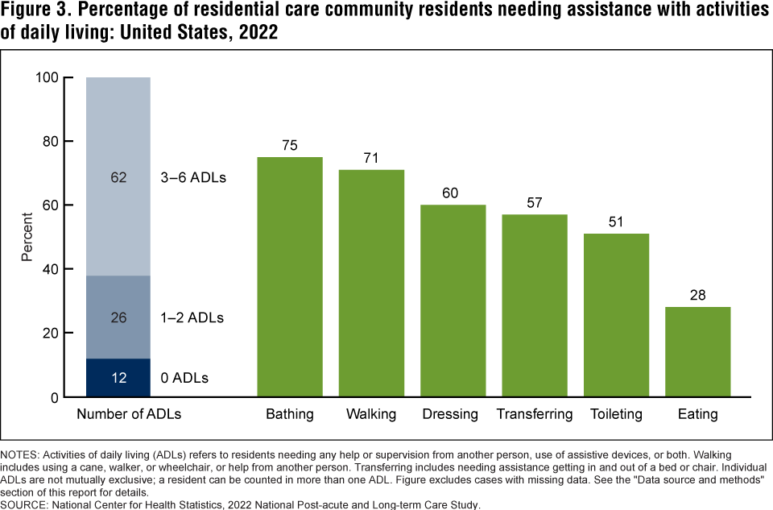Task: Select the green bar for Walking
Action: (371, 283)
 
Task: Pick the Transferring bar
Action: (535, 305)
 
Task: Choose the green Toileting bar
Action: (616, 315)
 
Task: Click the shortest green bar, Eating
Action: (698, 352)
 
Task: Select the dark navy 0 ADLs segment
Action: (118, 378)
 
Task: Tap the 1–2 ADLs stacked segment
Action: (118, 317)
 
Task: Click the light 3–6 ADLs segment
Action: (118, 176)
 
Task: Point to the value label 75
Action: (290, 146)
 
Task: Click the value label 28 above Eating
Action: (698, 296)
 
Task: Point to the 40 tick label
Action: (51, 269)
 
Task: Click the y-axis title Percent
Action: (27, 237)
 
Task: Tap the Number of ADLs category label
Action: (129, 414)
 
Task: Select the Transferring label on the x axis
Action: (535, 414)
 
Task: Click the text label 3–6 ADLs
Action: (193, 177)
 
